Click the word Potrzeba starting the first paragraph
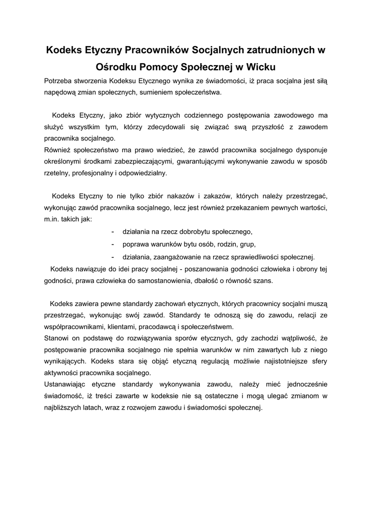[59, 81]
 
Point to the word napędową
[60, 93]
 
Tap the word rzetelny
[58, 173]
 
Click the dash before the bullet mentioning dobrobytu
[113, 231]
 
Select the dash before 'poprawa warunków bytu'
[113, 244]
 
